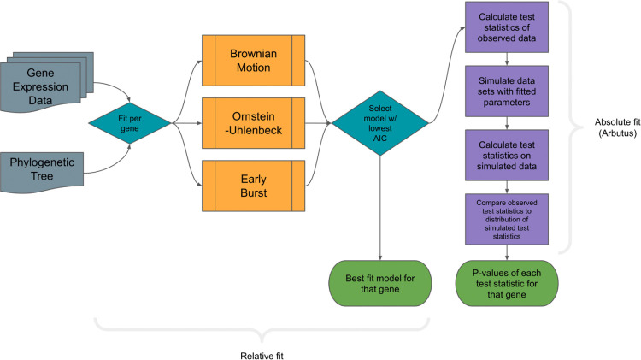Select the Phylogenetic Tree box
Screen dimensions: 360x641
coord(45,168)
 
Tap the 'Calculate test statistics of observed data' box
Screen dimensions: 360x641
coord(508,27)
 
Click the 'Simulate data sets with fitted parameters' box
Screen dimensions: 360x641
coord(508,87)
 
